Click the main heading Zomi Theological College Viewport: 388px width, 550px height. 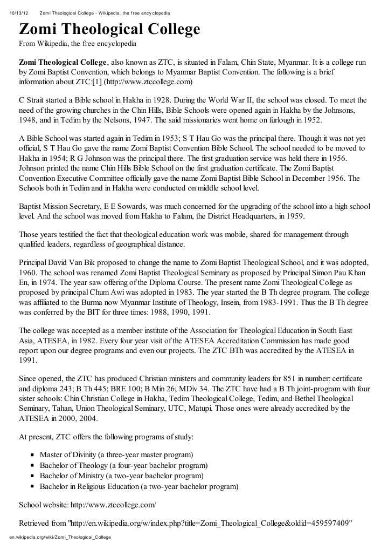(x=109, y=29)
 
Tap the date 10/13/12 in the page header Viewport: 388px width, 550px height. (x=19, y=12)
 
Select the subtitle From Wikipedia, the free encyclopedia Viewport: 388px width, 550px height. (x=78, y=43)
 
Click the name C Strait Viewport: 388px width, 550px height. (x=33, y=100)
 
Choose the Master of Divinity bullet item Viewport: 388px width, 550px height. (x=116, y=454)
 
